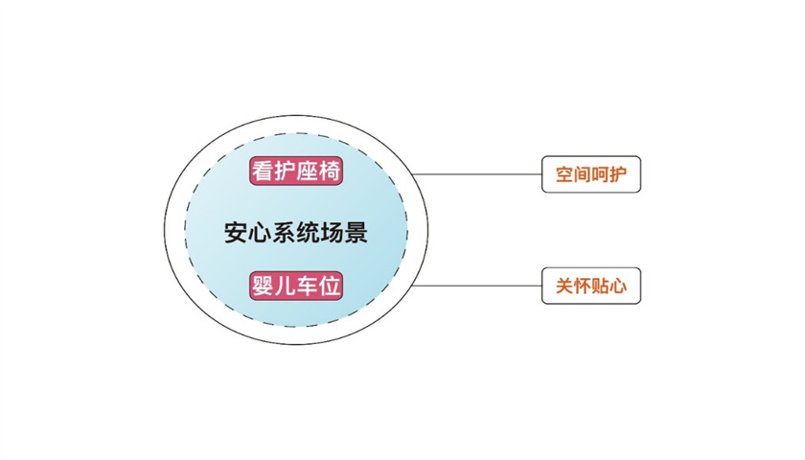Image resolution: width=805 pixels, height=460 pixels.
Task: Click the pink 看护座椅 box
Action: point(297,172)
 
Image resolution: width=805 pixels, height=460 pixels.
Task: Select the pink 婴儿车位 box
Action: point(297,286)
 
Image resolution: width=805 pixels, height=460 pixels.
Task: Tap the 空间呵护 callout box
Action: point(590,174)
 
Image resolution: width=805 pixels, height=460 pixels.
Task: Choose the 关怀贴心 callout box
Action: point(590,286)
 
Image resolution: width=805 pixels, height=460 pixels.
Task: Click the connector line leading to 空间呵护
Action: point(479,175)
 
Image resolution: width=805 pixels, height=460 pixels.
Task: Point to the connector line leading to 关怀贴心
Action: point(479,286)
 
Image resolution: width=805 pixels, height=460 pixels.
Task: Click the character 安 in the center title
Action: point(236,233)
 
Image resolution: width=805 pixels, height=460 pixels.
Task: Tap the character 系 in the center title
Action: point(284,233)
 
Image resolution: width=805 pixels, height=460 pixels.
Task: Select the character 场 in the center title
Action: point(332,233)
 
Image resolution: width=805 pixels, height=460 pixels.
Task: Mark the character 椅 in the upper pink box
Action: point(332,172)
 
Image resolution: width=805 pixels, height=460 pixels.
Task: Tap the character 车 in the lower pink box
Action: point(309,286)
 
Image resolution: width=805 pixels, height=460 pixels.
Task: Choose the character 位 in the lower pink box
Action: point(332,286)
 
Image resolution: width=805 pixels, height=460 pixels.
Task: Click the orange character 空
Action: point(563,175)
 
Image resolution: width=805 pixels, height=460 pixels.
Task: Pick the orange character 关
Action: point(563,286)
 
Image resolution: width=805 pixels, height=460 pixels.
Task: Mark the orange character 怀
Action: point(582,286)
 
